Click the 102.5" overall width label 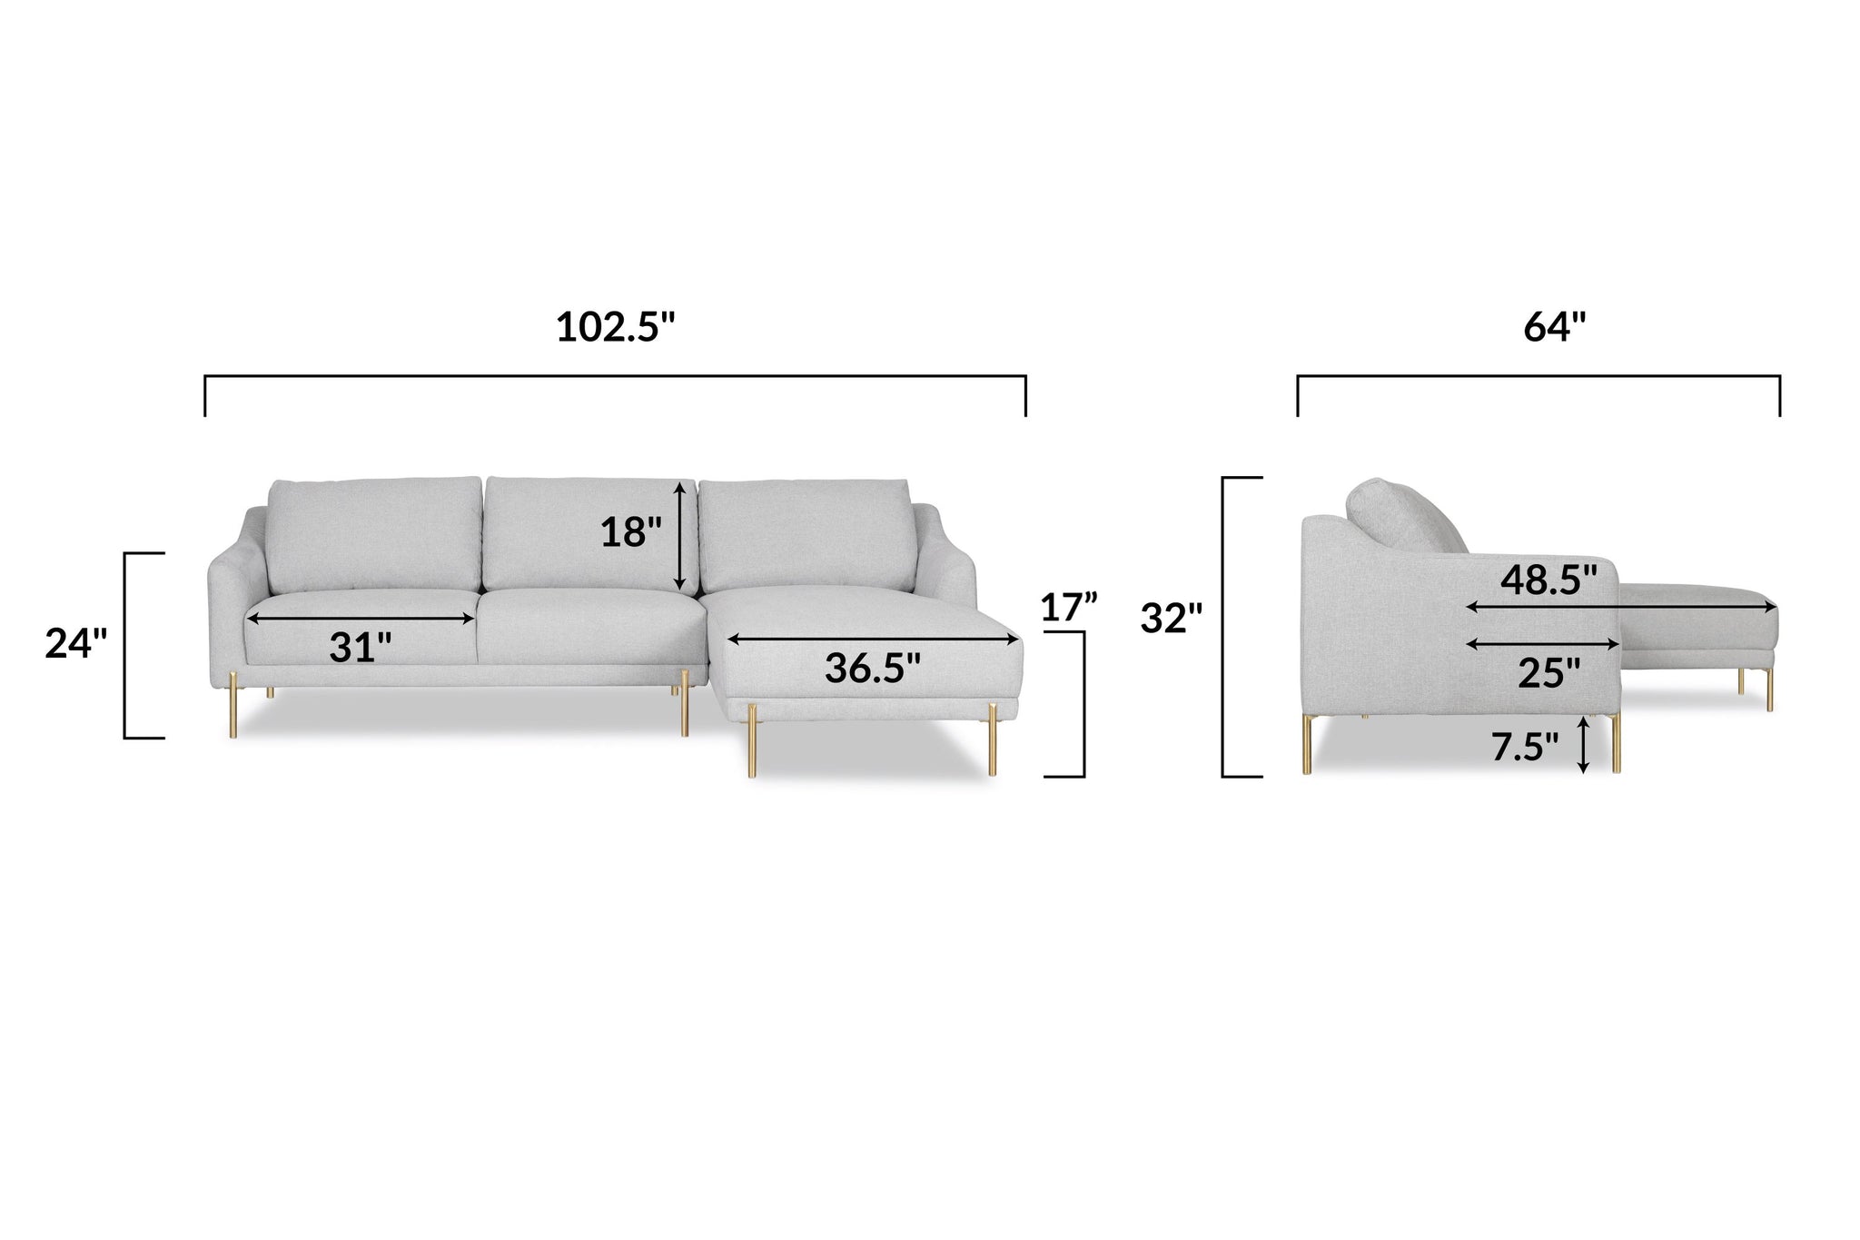coord(617,327)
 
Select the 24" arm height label coord(76,644)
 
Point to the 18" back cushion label coord(631,532)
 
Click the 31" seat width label coord(361,647)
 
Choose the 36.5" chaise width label coord(872,668)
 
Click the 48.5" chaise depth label coord(1548,579)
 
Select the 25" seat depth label coord(1549,673)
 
